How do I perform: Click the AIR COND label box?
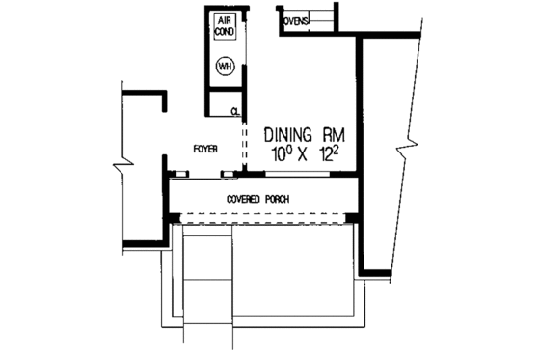223,28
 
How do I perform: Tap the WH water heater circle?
224,66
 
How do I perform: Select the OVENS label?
296,18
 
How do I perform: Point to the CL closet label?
234,111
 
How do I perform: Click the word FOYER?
203,149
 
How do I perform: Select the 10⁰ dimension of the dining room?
278,154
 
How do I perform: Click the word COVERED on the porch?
246,199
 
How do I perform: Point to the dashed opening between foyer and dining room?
244,140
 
